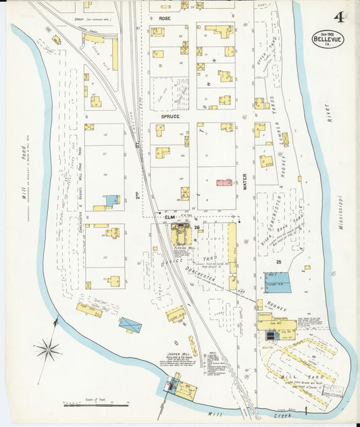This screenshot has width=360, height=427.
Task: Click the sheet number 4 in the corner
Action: point(338,18)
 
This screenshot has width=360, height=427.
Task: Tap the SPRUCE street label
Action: point(169,116)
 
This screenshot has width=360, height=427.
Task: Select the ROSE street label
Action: point(164,18)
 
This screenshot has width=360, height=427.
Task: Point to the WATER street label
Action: point(245,180)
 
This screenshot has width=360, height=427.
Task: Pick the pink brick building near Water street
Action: point(224,182)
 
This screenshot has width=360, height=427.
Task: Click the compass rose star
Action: point(47,350)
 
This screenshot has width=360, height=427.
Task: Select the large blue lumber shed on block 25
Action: point(277,282)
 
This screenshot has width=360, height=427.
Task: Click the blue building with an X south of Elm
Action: point(130,324)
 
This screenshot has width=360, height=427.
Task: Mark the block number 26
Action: point(196,227)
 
